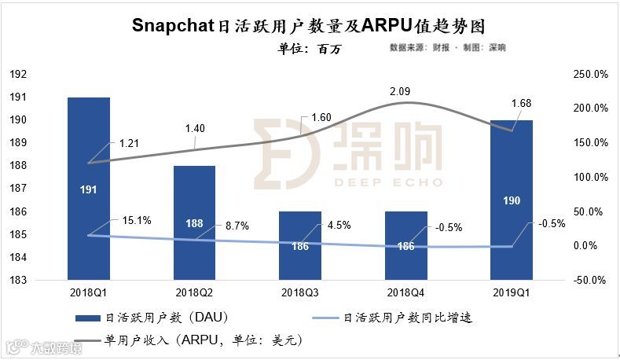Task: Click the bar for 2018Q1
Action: (88, 189)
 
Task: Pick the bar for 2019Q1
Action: (511, 200)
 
